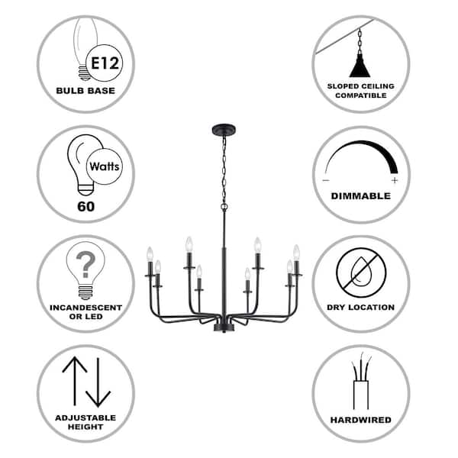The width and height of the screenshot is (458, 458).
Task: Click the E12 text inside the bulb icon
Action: click(104, 60)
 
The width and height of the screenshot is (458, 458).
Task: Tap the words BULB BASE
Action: click(85, 90)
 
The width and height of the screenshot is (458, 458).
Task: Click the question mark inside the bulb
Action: click(85, 266)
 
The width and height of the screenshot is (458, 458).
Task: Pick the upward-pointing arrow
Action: click(73, 382)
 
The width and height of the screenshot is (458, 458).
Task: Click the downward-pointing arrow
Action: click(98, 382)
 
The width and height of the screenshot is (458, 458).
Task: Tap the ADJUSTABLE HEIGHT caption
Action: click(85, 422)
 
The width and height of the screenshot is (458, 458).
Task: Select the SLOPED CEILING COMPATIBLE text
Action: click(360, 90)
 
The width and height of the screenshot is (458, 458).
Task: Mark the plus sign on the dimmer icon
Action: click(394, 181)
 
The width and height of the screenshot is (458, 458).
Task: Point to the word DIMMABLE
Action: click(360, 196)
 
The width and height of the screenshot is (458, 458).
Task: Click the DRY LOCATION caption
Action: click(360, 308)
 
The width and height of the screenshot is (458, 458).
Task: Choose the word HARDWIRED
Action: click(360, 420)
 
